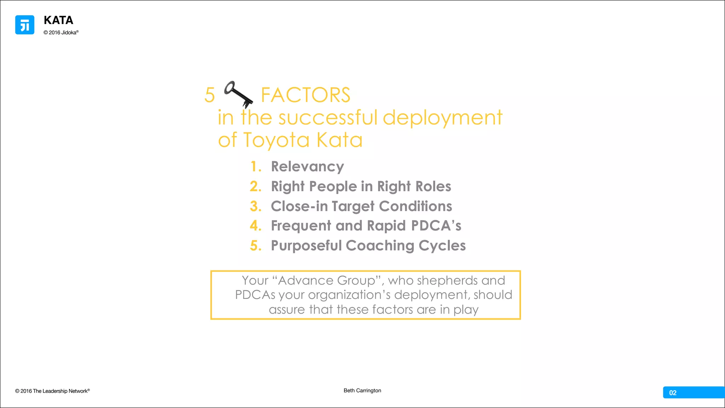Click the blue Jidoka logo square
click(x=25, y=25)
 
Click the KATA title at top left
click(x=58, y=20)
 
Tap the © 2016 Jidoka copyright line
click(x=61, y=33)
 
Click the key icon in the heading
click(x=239, y=94)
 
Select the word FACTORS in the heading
click(x=306, y=95)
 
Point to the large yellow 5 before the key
click(x=210, y=95)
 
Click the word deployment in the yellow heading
click(x=443, y=118)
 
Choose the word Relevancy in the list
click(x=307, y=166)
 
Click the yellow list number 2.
click(x=256, y=186)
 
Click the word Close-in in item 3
click(x=299, y=206)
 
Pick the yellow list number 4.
click(x=256, y=226)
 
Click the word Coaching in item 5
click(x=380, y=245)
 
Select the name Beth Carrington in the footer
click(x=362, y=390)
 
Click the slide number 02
click(x=673, y=392)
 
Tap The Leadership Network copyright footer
click(x=52, y=391)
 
